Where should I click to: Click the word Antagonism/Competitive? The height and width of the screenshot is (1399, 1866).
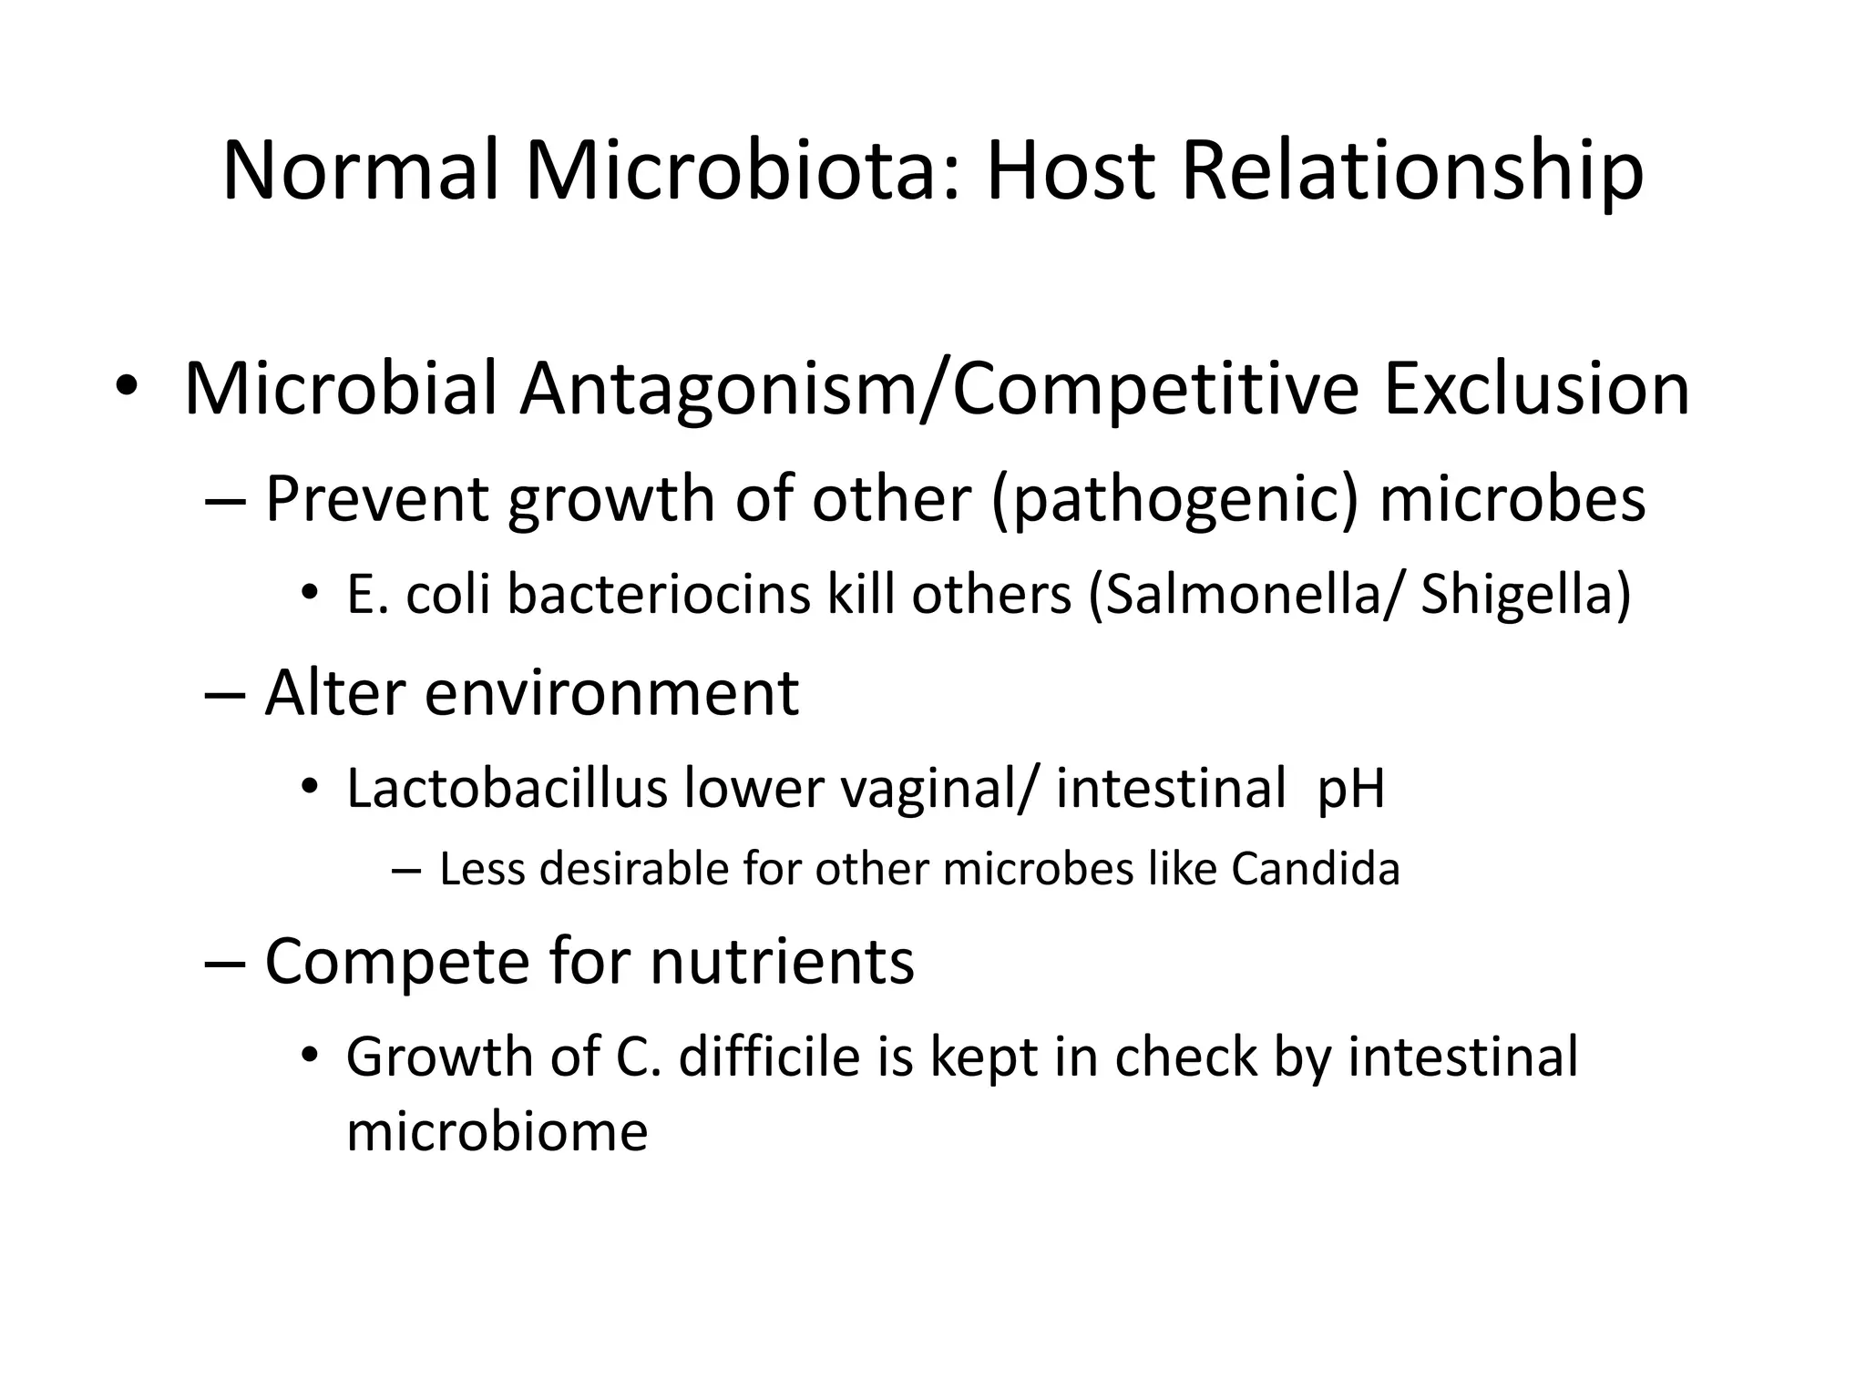tap(939, 390)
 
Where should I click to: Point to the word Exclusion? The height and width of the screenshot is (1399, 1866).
tap(1536, 390)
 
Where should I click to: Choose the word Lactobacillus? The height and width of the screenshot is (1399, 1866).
tap(508, 788)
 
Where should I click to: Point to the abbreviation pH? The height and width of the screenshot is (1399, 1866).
tap(1350, 790)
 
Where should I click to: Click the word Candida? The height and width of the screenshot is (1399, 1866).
tap(1316, 869)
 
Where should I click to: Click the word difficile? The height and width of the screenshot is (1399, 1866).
tap(769, 1057)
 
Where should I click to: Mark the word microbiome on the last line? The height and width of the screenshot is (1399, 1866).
tap(497, 1132)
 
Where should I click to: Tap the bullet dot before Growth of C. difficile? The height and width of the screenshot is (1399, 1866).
tap(310, 1057)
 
